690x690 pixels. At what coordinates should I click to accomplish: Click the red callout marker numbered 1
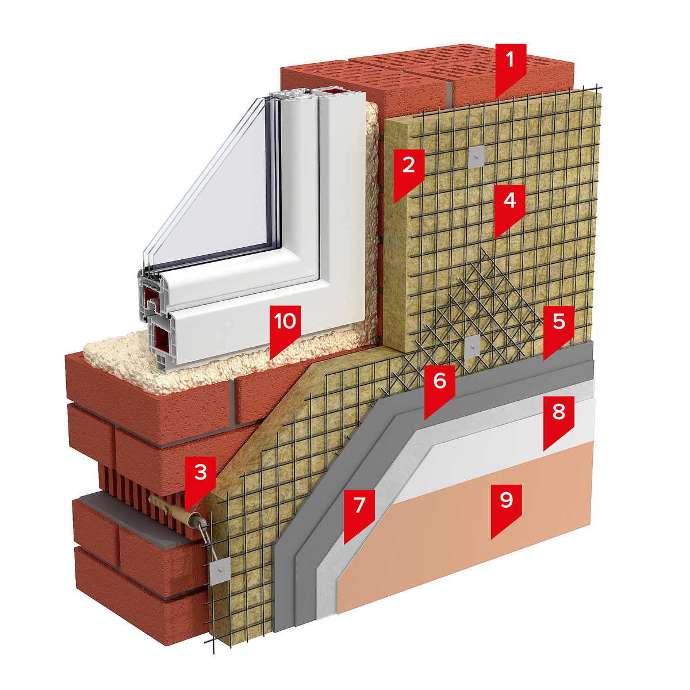pyautogui.click(x=511, y=68)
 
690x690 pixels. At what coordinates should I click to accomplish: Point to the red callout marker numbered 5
pyautogui.click(x=558, y=330)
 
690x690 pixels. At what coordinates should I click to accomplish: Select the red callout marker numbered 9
pyautogui.click(x=507, y=509)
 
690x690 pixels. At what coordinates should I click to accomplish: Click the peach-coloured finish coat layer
pyautogui.click(x=462, y=519)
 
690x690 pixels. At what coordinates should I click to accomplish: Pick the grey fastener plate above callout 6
pyautogui.click(x=473, y=347)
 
